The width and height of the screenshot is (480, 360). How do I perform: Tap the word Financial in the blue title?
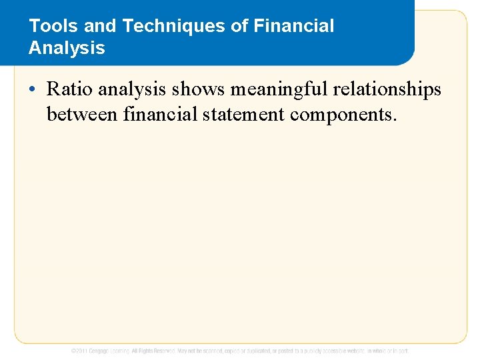[x=295, y=27]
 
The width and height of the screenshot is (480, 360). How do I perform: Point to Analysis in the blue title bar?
[x=67, y=48]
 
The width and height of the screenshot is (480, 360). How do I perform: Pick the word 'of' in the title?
[x=239, y=27]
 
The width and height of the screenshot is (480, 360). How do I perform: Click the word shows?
[x=199, y=89]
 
